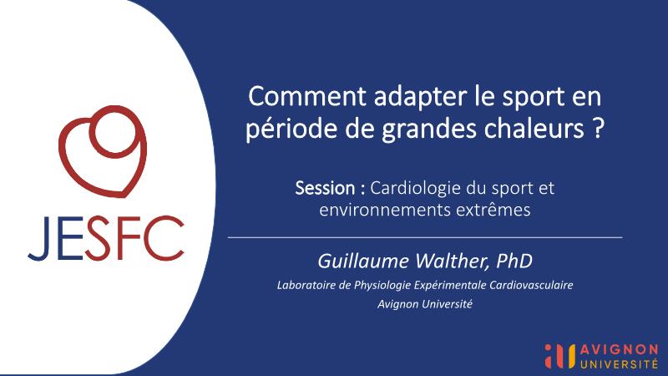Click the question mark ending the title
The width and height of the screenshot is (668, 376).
598,129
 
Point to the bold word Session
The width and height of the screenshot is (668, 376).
325,188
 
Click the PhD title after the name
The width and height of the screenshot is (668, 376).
514,261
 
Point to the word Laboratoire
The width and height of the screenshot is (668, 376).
306,285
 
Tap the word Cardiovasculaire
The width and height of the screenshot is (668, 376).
531,285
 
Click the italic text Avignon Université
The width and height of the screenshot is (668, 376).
425,304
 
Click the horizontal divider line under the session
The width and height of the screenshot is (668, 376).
425,237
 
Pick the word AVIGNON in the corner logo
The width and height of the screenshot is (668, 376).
619,350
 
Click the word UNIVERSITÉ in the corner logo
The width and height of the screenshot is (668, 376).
619,363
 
